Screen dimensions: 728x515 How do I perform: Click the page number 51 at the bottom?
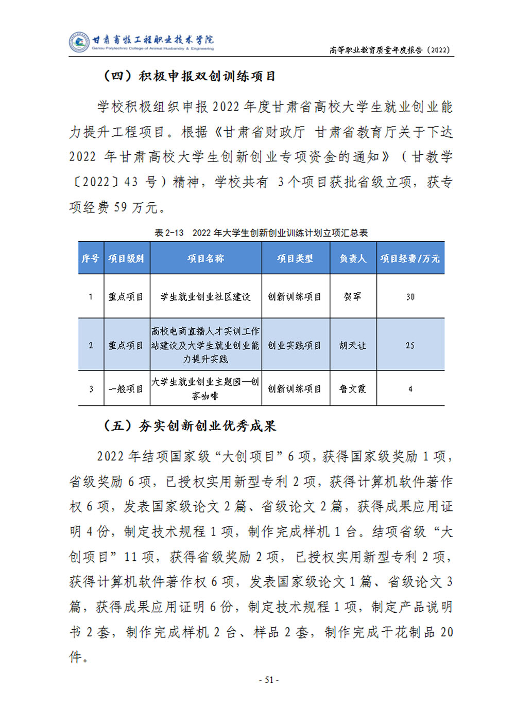[268, 680]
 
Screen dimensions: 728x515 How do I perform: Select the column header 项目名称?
[205, 258]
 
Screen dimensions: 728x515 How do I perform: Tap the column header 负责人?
[353, 258]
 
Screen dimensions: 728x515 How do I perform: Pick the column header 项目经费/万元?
[410, 258]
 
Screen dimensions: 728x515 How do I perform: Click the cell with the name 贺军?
[353, 297]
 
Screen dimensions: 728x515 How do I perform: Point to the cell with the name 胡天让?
[353, 345]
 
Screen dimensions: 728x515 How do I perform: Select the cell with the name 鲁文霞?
[353, 389]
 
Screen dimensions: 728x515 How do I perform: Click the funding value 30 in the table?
[410, 297]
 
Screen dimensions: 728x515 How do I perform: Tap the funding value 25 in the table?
[410, 345]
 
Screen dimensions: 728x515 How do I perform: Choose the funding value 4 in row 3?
[410, 389]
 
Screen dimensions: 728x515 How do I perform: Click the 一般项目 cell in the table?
[126, 389]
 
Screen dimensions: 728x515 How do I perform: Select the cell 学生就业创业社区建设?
[205, 297]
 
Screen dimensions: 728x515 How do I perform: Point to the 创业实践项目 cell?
[295, 345]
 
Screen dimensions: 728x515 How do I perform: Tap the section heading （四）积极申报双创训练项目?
[190, 76]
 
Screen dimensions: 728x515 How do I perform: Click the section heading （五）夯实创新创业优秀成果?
[190, 426]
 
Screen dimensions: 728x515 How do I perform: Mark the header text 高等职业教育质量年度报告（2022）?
[390, 50]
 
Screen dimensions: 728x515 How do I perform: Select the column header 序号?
[90, 258]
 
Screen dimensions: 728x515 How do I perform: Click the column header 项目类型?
[295, 258]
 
